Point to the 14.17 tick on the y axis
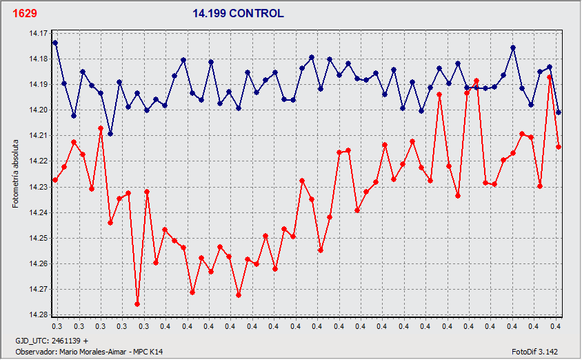pos(38,33)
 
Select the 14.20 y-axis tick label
pos(38,110)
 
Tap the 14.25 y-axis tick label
pos(38,238)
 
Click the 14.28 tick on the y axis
pos(38,315)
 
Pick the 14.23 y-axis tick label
pos(38,187)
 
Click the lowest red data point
pos(137,304)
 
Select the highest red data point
pos(550,77)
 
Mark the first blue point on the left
pos(55,43)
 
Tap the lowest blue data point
pos(110,133)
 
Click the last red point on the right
pos(559,147)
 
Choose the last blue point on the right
pos(559,112)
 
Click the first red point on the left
pos(55,180)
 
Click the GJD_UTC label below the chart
pos(34,341)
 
